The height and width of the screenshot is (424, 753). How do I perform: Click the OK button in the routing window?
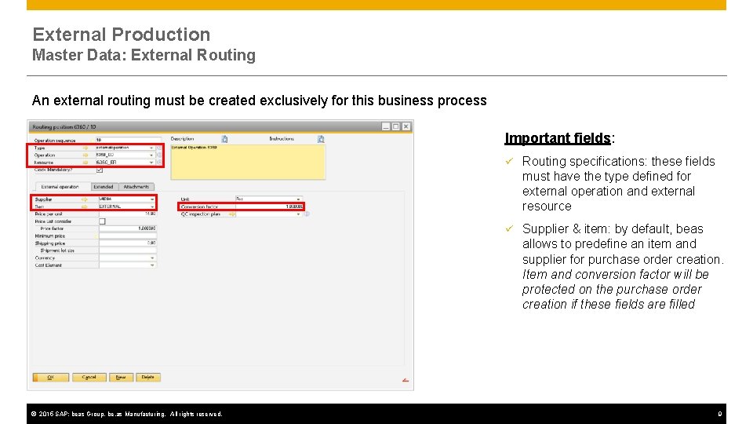[51, 377]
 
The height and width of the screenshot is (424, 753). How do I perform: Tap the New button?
[120, 377]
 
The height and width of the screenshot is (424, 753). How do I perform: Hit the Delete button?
[147, 377]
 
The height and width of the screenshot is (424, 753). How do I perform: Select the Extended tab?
[103, 187]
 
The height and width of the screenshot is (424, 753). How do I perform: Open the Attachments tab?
[136, 187]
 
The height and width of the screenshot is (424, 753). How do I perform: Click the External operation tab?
[60, 187]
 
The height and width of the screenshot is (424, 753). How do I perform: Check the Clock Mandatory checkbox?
[100, 170]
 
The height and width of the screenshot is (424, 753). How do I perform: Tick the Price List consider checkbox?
[101, 221]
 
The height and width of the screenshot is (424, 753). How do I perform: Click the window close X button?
[407, 126]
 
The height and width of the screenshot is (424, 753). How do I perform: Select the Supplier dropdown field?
[125, 199]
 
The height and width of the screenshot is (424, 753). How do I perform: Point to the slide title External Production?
[122, 35]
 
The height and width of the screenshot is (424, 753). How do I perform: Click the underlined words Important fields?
[558, 138]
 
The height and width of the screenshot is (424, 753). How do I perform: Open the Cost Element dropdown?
[125, 265]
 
